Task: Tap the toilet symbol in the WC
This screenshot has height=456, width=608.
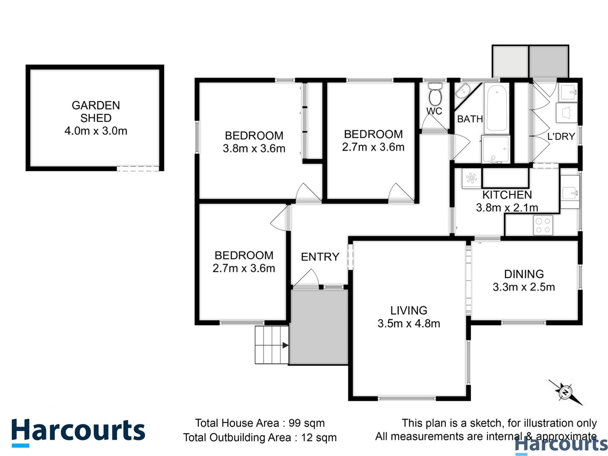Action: click(434, 95)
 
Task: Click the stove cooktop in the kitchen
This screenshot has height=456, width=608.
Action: click(543, 225)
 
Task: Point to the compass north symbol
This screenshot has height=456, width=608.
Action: click(565, 392)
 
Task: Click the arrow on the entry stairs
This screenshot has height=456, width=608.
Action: click(285, 345)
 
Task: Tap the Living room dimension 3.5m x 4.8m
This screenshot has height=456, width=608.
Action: click(409, 323)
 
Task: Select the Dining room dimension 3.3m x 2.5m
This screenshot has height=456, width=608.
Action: click(524, 287)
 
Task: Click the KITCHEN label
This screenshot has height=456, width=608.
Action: click(507, 195)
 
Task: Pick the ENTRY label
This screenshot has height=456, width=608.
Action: click(320, 257)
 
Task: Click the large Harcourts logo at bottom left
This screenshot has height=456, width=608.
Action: click(78, 432)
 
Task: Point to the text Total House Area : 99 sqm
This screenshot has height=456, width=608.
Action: click(260, 423)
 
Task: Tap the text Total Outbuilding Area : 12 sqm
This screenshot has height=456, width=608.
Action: click(260, 437)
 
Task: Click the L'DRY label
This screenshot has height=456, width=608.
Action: click(561, 136)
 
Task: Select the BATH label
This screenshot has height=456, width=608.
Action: click(470, 119)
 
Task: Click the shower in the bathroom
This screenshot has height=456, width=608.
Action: click(496, 149)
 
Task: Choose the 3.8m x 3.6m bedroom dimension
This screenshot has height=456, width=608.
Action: click(254, 149)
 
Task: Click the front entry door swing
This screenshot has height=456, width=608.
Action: click(307, 279)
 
